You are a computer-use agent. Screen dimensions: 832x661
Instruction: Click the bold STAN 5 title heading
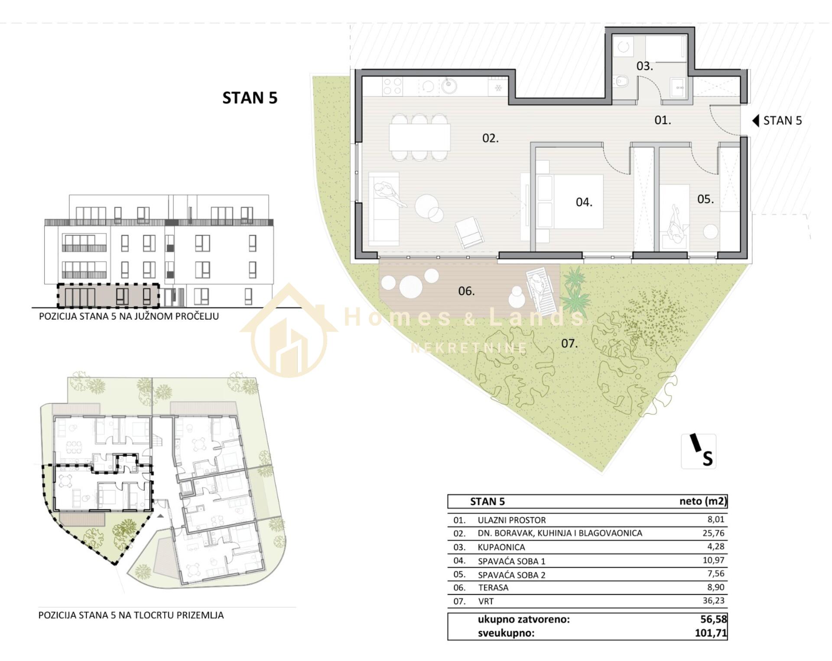(x=250, y=98)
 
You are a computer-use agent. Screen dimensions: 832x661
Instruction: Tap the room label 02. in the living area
(x=491, y=138)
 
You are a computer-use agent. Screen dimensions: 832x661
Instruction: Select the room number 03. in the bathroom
(x=644, y=66)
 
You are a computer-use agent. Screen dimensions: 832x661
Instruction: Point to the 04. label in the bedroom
(x=584, y=202)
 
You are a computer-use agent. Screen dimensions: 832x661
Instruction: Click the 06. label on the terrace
(x=466, y=291)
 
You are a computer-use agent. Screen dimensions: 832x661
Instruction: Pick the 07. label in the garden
(x=569, y=343)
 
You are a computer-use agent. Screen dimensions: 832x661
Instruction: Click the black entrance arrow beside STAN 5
(x=756, y=120)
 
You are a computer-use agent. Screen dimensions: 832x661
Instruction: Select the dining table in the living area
(x=419, y=137)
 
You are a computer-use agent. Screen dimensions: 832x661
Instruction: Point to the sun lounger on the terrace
(x=542, y=290)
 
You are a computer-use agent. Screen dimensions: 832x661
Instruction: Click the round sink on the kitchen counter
(x=449, y=86)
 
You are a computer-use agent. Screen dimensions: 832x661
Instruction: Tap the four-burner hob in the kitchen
(x=393, y=86)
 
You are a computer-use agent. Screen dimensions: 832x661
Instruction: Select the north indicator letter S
(x=708, y=458)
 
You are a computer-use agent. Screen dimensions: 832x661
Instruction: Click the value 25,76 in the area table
(x=713, y=533)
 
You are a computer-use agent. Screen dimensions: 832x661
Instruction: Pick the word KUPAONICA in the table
(x=501, y=547)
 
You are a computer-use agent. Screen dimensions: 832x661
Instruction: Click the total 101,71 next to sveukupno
(x=711, y=633)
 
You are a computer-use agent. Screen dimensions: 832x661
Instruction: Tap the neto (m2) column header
(x=703, y=501)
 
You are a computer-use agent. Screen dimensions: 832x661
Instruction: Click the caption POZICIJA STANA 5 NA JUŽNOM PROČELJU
(x=129, y=316)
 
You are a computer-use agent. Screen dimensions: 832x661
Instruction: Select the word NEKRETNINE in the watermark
(x=469, y=348)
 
